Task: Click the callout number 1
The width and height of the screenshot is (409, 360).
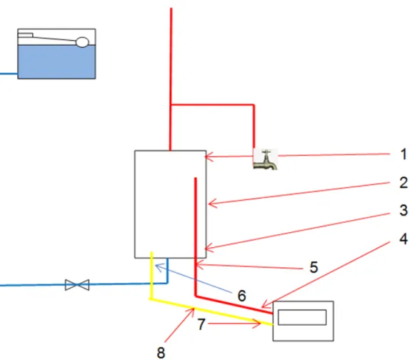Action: [x=403, y=154]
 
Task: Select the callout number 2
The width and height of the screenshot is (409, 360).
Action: [x=403, y=182]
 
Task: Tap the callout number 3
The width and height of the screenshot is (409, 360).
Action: [x=403, y=210]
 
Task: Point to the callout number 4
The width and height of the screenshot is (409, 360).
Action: [x=403, y=239]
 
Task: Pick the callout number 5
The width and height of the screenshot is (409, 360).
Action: [x=314, y=267]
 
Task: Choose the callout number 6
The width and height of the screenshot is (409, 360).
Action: [x=242, y=296]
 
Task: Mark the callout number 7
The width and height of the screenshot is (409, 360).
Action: [x=201, y=324]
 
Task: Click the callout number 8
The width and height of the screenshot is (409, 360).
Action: [x=161, y=353]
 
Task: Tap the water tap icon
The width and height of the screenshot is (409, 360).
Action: [x=266, y=159]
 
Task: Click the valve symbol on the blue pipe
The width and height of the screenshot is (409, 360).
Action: [x=77, y=285]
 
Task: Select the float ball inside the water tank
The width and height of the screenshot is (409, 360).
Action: [x=82, y=42]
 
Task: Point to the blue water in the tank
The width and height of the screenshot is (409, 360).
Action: [x=56, y=61]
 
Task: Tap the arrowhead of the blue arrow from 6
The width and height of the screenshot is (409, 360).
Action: [x=158, y=266]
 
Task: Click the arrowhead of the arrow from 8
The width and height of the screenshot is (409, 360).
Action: [x=193, y=310]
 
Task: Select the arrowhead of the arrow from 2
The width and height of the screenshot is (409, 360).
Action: [x=211, y=204]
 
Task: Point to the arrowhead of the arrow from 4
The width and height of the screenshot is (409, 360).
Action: [x=263, y=306]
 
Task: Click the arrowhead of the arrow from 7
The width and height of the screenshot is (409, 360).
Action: [x=259, y=324]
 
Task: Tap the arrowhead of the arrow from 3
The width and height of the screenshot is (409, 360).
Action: [x=207, y=249]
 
